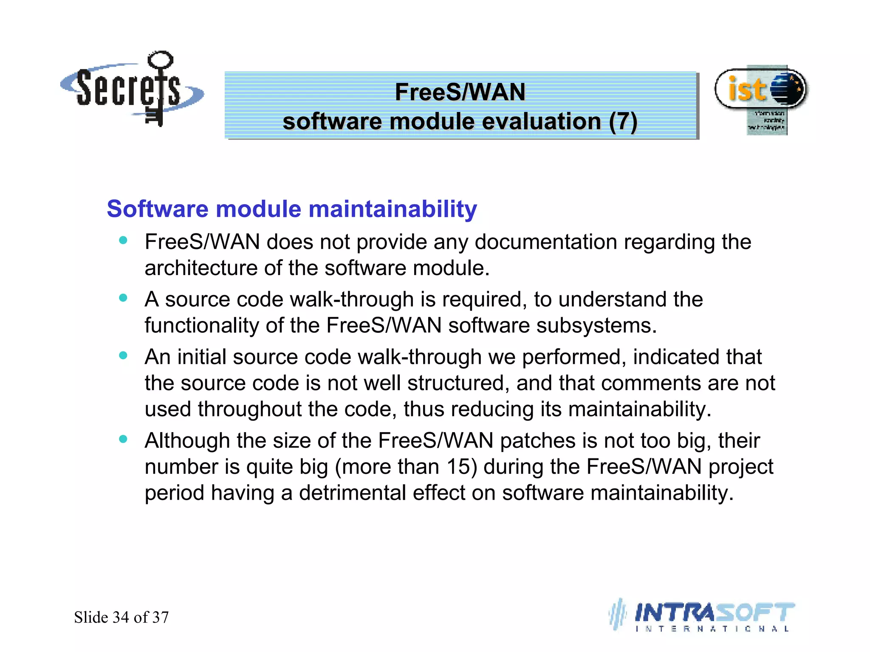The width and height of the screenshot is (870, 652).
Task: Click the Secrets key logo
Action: click(x=132, y=89)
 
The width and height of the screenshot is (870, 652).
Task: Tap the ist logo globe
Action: click(x=787, y=89)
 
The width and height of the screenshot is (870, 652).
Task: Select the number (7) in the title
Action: click(x=623, y=122)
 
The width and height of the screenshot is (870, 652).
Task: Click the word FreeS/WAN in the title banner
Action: click(x=460, y=92)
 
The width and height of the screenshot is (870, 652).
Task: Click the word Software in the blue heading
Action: click(x=158, y=209)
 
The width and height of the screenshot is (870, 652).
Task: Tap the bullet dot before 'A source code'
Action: click(x=123, y=298)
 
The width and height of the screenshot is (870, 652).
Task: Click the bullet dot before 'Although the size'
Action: click(x=123, y=439)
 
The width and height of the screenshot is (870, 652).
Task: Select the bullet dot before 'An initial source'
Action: click(x=123, y=355)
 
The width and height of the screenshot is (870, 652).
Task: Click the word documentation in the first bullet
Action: click(x=545, y=242)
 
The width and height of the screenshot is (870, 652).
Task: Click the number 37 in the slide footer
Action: click(x=161, y=618)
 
